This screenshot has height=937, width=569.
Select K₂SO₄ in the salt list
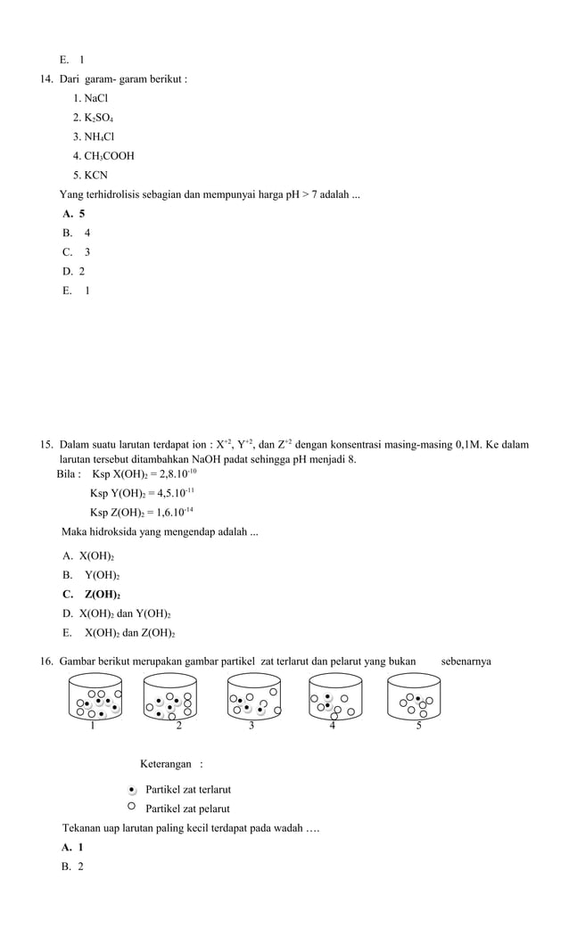94,118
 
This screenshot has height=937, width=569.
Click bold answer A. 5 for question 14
74,214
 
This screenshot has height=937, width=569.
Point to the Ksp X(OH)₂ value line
144,473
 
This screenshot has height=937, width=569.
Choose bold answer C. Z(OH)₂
92,595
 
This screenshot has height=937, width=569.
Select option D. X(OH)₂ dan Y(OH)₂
117,613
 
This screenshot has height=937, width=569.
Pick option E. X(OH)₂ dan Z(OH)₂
119,633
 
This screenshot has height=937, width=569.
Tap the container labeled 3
253,696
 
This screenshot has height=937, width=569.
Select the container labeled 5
414,696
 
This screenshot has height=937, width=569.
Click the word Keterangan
165,764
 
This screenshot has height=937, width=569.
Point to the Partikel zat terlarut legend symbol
132,789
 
